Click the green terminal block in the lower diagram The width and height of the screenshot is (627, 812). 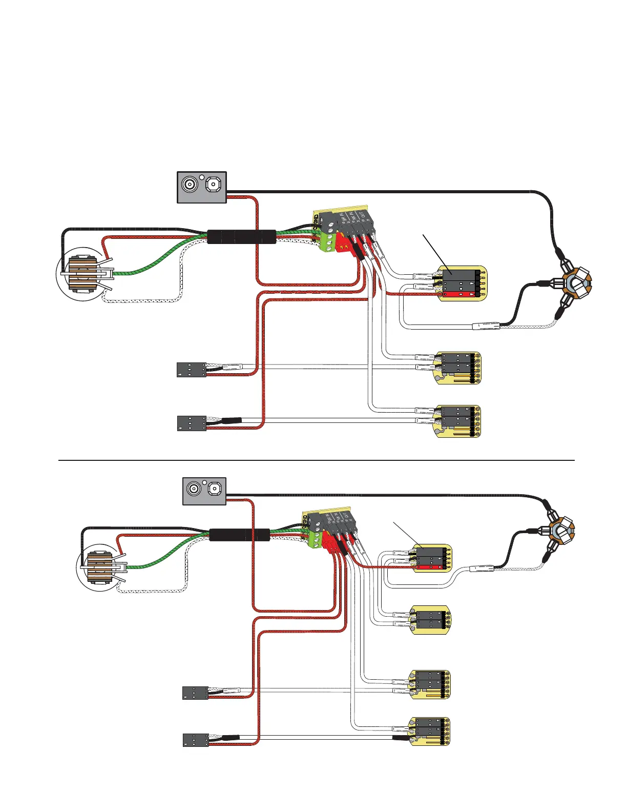coord(315,539)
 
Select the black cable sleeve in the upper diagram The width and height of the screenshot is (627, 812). coord(241,237)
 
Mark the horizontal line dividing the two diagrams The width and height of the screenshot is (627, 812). coord(316,460)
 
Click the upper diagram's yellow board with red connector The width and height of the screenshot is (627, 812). coord(461,283)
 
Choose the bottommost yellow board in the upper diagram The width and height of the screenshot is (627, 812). coord(457,421)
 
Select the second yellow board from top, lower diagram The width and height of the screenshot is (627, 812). coord(432,620)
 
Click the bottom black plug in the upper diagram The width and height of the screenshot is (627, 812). coord(192,423)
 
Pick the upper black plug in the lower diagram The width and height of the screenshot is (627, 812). coord(196,693)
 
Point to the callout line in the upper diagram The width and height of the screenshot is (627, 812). coord(436,251)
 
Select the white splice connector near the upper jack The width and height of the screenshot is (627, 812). coord(485,326)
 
